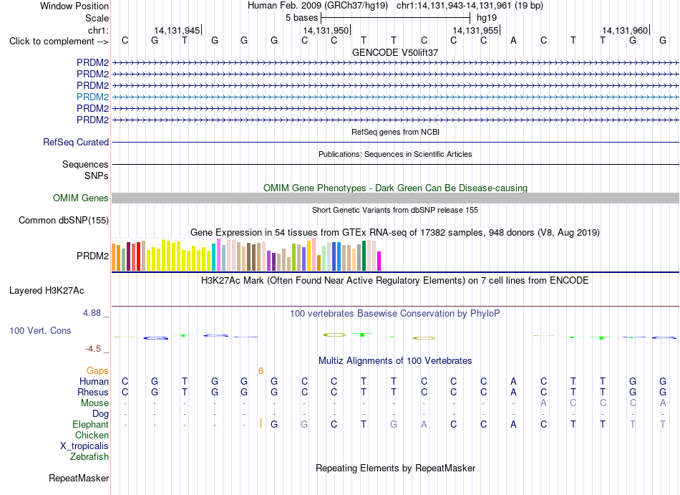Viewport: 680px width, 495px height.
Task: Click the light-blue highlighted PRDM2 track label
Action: pyautogui.click(x=92, y=97)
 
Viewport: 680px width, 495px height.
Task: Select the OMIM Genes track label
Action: pyautogui.click(x=80, y=198)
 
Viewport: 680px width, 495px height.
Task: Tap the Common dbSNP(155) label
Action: pyautogui.click(x=63, y=221)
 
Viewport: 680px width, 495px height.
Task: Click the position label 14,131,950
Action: pyautogui.click(x=326, y=30)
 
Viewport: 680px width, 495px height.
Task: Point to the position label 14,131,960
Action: pyautogui.click(x=624, y=30)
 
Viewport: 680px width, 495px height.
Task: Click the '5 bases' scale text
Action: pyautogui.click(x=301, y=18)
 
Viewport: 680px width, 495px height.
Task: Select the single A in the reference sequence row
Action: pyautogui.click(x=513, y=41)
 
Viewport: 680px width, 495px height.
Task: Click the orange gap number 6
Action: pyautogui.click(x=261, y=370)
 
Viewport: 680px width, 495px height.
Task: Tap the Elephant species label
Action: pyautogui.click(x=90, y=424)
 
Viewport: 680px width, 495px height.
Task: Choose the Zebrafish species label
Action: pyautogui.click(x=89, y=456)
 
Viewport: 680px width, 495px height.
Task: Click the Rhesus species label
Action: pyautogui.click(x=93, y=392)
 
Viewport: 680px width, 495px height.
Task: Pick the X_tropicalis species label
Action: pyautogui.click(x=84, y=446)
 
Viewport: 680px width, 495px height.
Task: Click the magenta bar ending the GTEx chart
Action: pyautogui.click(x=379, y=261)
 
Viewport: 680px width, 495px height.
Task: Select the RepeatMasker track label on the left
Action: pyautogui.click(x=79, y=478)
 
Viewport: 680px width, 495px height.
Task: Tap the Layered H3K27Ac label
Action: pyautogui.click(x=47, y=291)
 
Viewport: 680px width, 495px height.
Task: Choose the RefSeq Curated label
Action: pyautogui.click(x=76, y=143)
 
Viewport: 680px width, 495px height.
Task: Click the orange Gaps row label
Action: pyautogui.click(x=97, y=370)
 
